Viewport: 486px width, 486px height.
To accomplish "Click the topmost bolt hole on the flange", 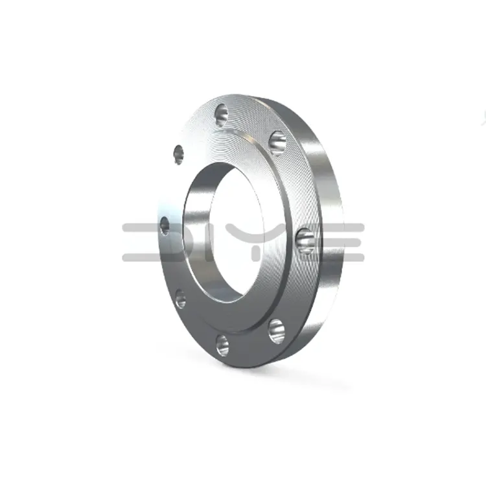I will [x=221, y=114].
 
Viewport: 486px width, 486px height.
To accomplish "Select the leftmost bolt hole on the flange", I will [x=164, y=226].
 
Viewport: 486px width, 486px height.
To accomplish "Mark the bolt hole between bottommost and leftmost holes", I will [x=180, y=299].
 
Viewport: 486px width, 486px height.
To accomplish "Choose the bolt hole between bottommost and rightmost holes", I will [x=276, y=330].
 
